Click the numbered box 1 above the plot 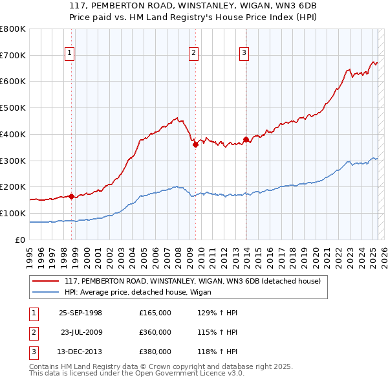69,54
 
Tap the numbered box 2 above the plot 193,54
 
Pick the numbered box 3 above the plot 244,54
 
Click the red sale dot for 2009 195,144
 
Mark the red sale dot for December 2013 246,139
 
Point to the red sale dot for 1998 72,196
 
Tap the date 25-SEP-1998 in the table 80,313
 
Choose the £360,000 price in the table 155,332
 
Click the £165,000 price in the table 155,313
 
